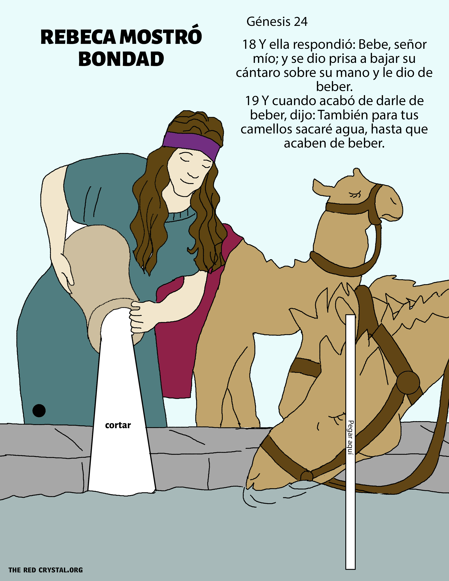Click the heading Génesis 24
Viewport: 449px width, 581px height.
point(277,21)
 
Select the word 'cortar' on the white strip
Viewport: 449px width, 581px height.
point(118,425)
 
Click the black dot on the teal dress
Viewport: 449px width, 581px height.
point(39,410)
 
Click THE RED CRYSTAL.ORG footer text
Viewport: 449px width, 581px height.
point(45,570)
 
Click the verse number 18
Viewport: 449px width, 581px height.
point(249,44)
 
